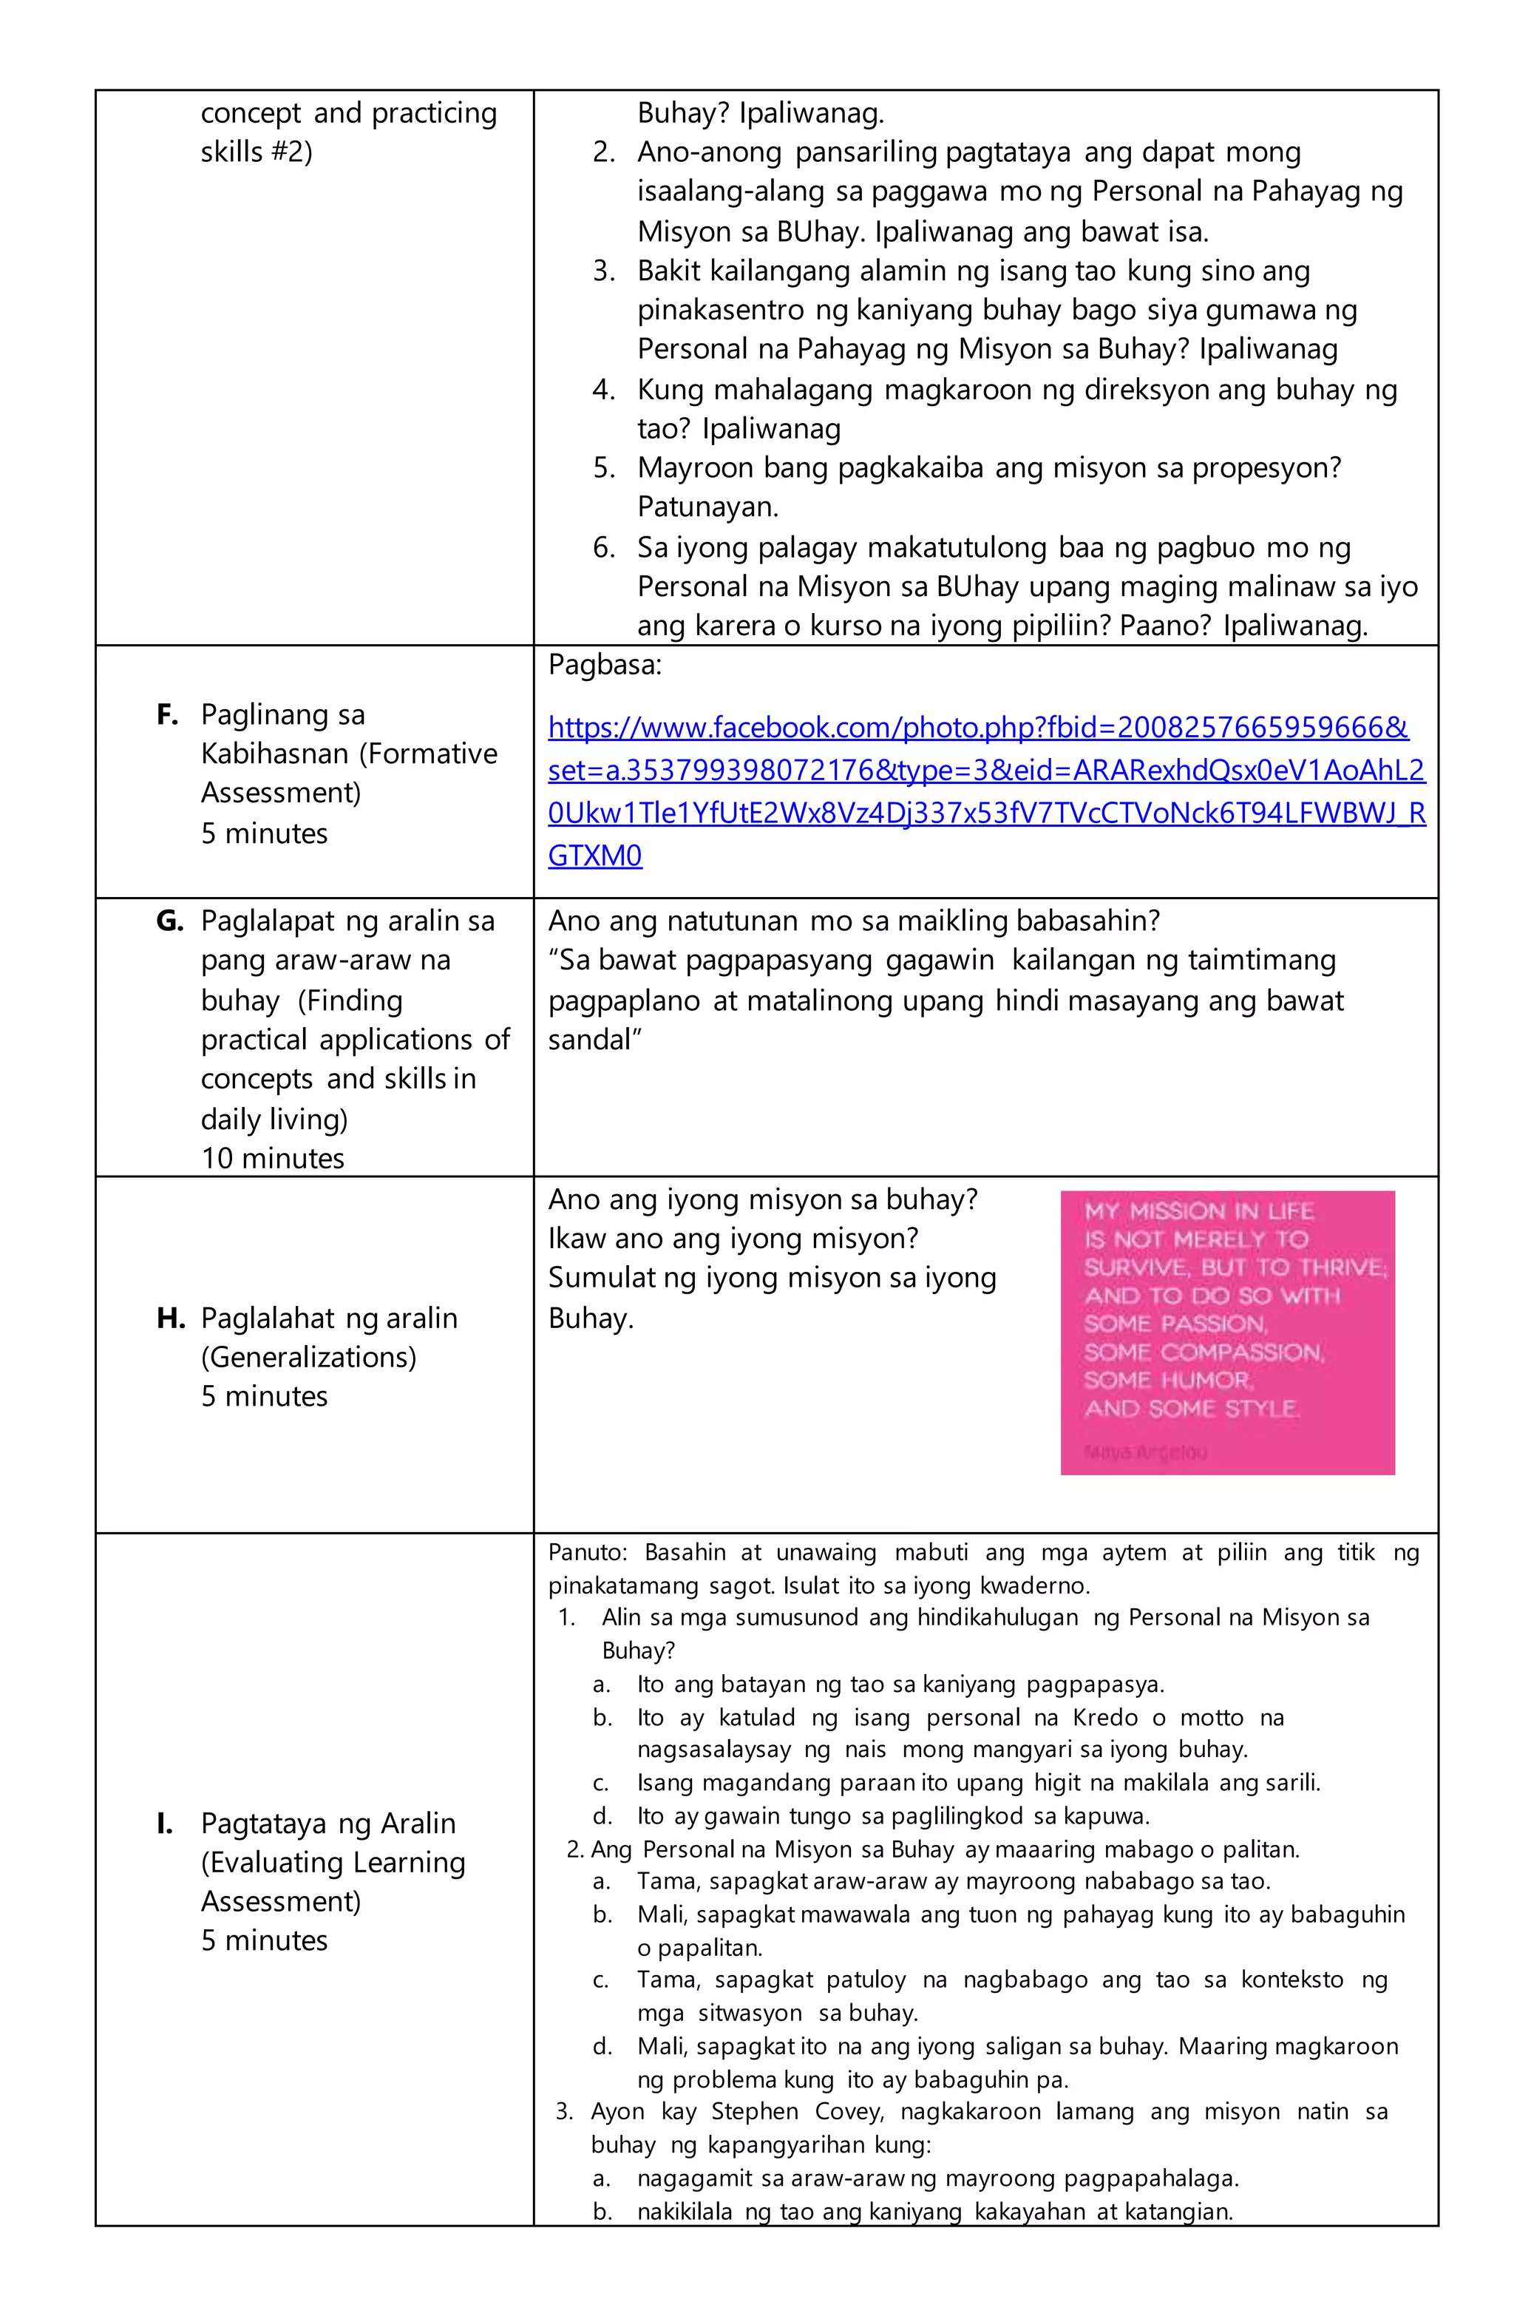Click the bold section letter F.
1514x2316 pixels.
(x=166, y=715)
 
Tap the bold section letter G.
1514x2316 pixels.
(x=169, y=921)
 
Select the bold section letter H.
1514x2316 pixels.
(x=170, y=1318)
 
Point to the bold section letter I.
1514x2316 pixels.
(x=164, y=1824)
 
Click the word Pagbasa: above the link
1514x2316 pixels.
(x=604, y=666)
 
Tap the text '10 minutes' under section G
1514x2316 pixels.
(x=273, y=1158)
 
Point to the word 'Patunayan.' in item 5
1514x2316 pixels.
(x=707, y=507)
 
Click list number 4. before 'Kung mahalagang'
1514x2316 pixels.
(x=604, y=390)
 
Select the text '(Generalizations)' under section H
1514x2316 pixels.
(x=308, y=1358)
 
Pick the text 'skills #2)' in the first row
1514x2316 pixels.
(x=257, y=152)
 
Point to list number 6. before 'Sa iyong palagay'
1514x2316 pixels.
(x=604, y=548)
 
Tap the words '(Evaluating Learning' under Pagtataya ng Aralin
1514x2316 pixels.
(x=333, y=1863)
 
